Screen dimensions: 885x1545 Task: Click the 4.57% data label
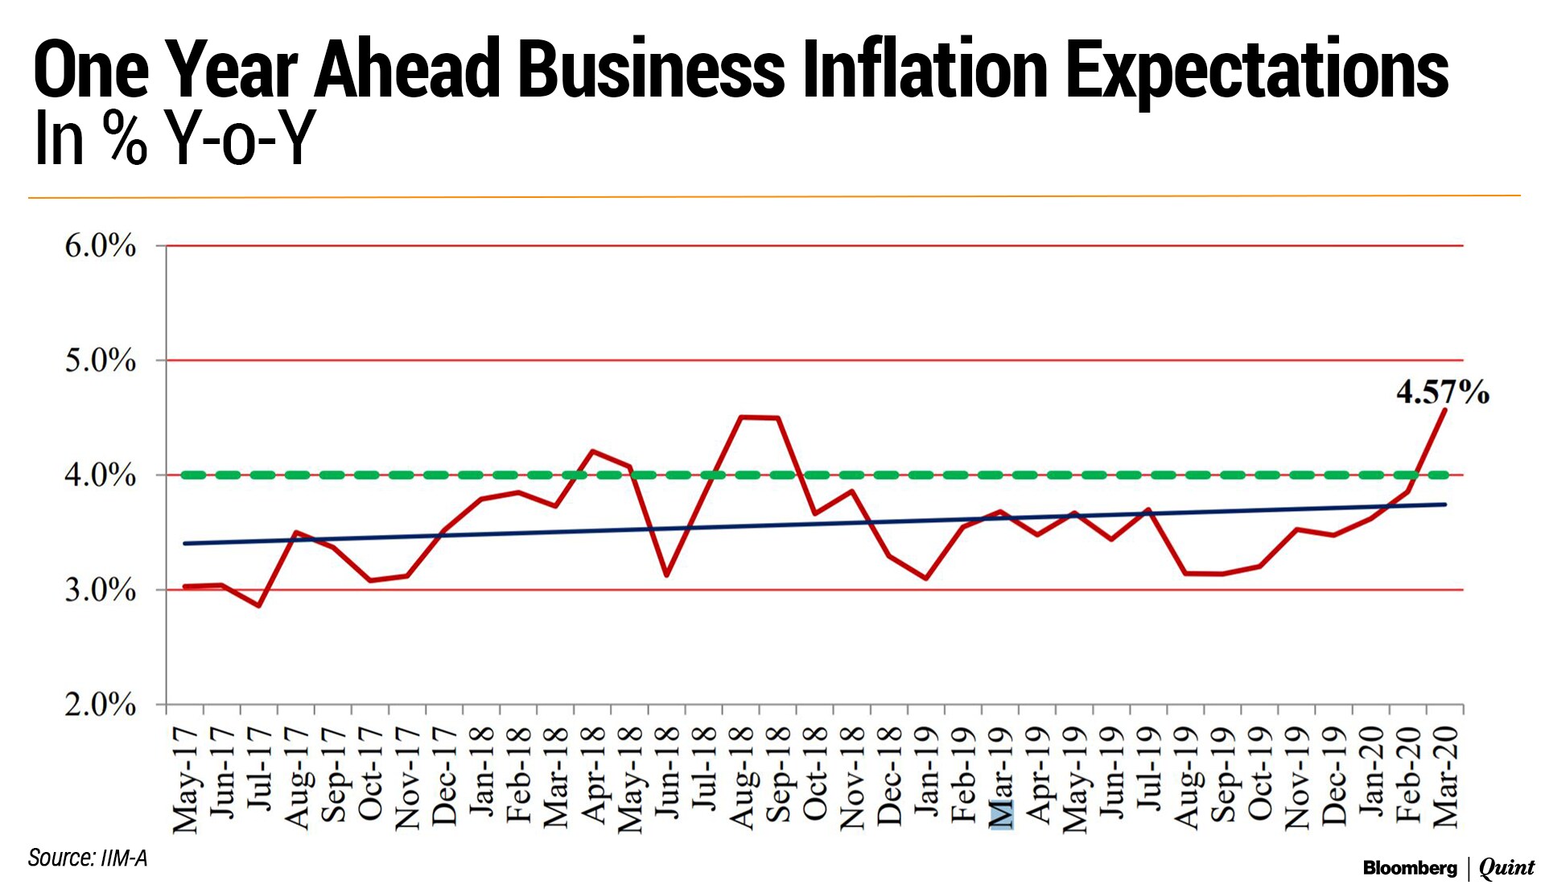point(1442,393)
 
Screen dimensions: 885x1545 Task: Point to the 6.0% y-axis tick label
point(101,246)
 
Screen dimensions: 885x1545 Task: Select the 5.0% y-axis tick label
point(101,360)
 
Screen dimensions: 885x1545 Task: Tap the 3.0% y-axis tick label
point(101,591)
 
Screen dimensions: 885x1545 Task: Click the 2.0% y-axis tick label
point(101,705)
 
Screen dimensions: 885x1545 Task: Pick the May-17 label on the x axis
point(185,779)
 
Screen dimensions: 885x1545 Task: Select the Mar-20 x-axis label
point(1445,777)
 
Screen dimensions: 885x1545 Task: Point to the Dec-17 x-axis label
point(444,777)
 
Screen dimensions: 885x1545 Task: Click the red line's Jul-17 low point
point(259,606)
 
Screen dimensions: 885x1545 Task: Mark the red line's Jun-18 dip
point(666,575)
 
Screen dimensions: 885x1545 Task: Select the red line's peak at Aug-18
point(741,417)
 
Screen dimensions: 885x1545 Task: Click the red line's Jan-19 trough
point(926,578)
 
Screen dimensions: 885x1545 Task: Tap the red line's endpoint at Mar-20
point(1445,410)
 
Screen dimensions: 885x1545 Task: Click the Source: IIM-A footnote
point(88,858)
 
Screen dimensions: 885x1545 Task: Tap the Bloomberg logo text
point(1410,868)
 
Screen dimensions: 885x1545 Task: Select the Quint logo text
point(1506,868)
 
